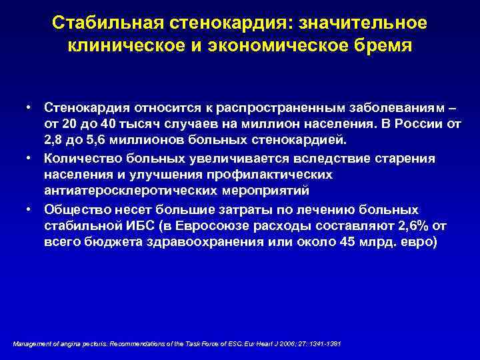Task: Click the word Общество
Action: (74, 209)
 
